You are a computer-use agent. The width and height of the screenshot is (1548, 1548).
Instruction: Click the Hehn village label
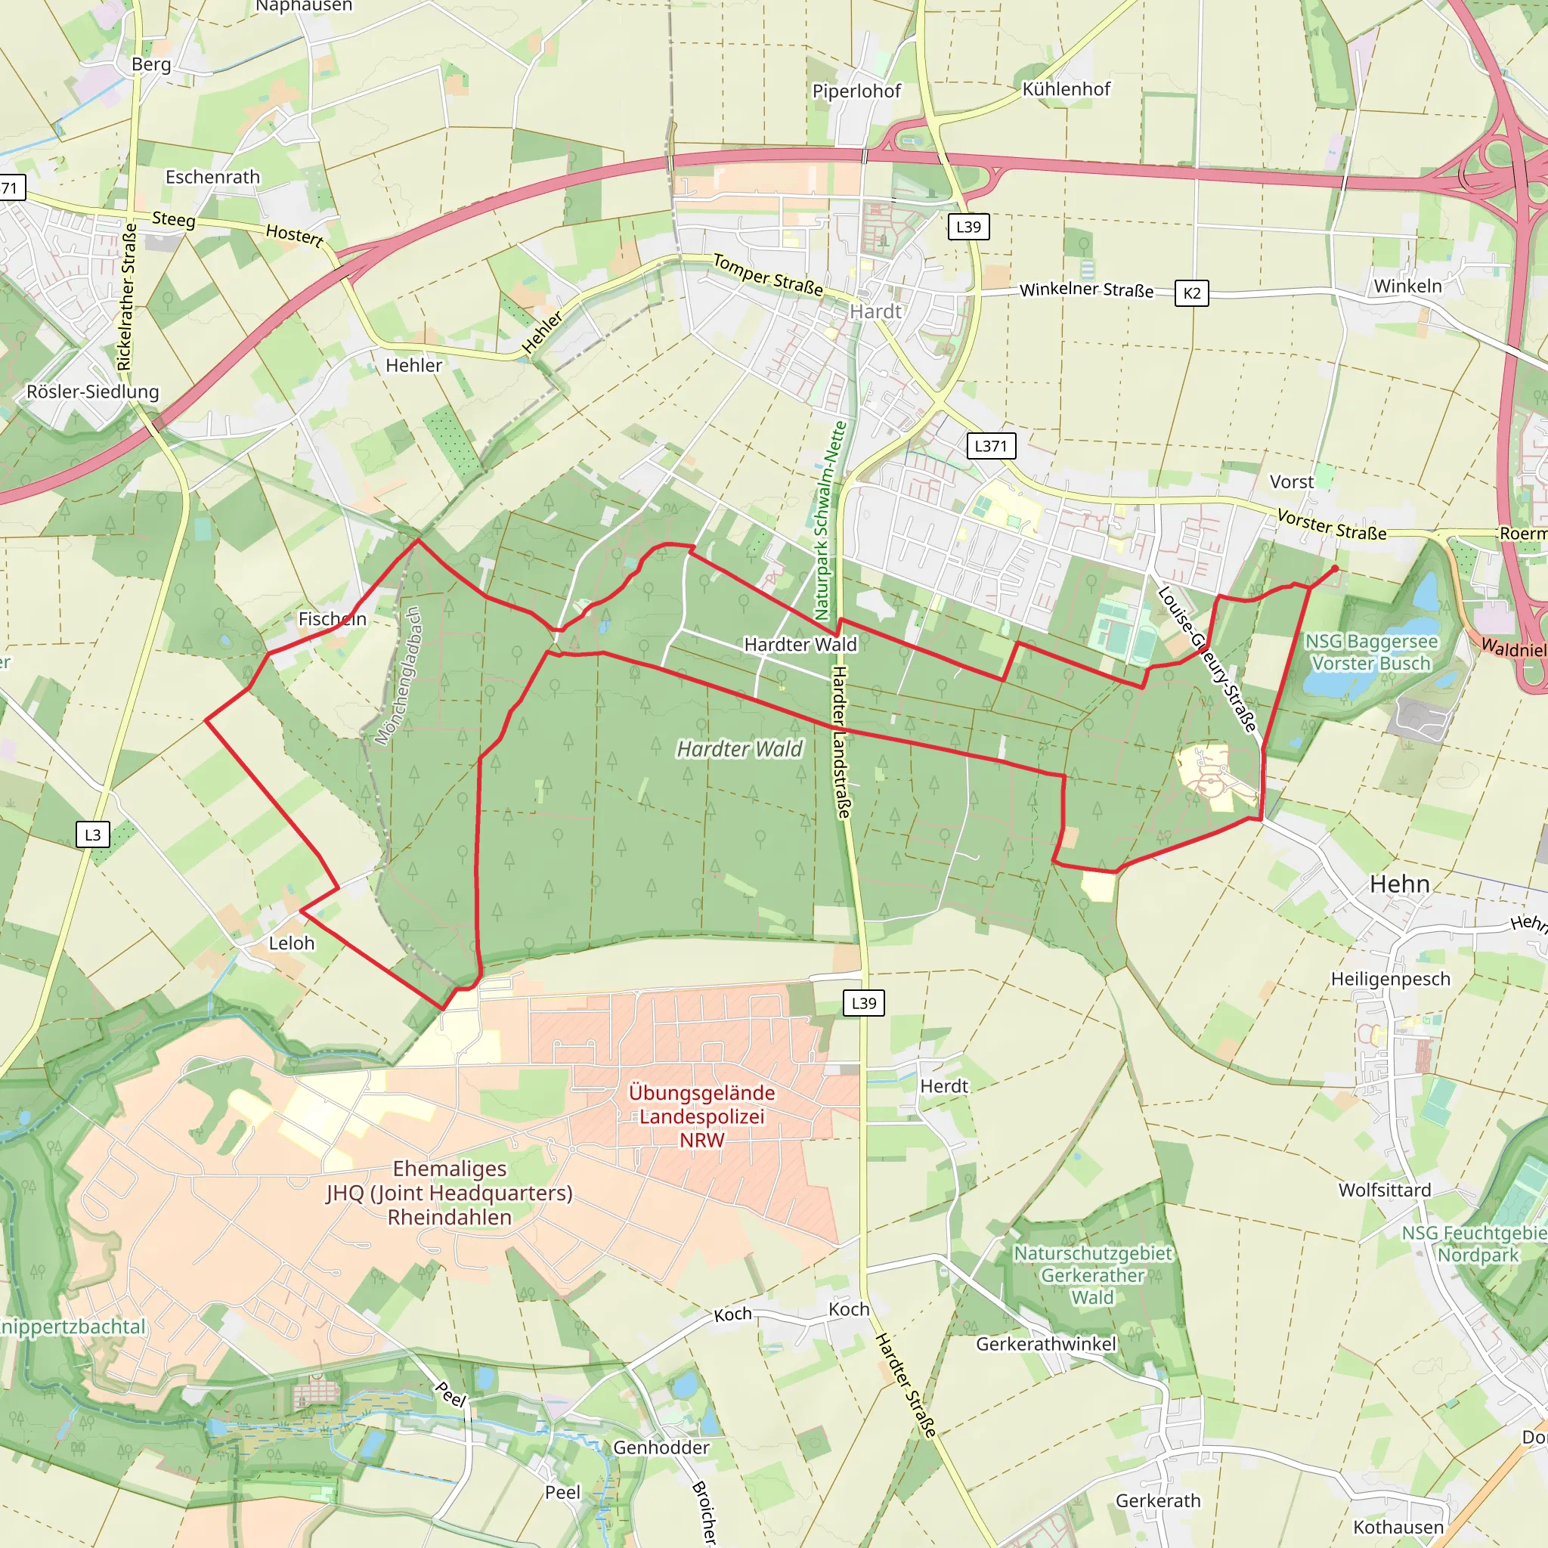(x=1399, y=884)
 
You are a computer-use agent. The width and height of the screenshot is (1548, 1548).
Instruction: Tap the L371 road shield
(x=990, y=445)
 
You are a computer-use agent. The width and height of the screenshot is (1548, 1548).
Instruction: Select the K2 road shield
(x=1191, y=293)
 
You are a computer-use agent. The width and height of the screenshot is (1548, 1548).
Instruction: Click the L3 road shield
(x=93, y=834)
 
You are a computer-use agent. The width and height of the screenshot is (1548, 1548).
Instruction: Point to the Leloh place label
(x=292, y=943)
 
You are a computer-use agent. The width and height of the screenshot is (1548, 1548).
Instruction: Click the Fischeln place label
(x=332, y=618)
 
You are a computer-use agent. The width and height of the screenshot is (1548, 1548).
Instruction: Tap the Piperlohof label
(x=856, y=91)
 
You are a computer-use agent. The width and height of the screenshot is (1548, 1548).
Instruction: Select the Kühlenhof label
(x=1066, y=89)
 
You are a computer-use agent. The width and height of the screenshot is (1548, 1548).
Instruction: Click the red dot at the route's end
(x=1335, y=569)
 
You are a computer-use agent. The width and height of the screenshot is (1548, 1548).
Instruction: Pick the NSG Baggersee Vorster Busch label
(x=1371, y=652)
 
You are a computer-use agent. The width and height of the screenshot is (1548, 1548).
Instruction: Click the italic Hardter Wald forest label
(x=738, y=749)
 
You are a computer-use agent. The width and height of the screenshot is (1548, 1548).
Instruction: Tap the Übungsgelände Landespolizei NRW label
(x=702, y=1116)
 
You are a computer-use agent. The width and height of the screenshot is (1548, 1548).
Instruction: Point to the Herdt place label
(x=944, y=1086)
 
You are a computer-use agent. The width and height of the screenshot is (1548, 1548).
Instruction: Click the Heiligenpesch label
(x=1390, y=979)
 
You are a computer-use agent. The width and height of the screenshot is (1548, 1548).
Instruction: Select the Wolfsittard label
(x=1385, y=1190)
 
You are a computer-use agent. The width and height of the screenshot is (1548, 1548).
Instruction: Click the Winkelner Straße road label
(x=1085, y=289)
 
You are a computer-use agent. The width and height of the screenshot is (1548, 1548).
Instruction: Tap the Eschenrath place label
(x=212, y=177)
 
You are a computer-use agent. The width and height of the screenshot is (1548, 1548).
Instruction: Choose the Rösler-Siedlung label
(x=93, y=392)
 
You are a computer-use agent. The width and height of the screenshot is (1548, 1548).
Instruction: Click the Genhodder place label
(x=661, y=1447)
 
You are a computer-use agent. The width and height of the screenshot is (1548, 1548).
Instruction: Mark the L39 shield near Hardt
(x=968, y=227)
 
